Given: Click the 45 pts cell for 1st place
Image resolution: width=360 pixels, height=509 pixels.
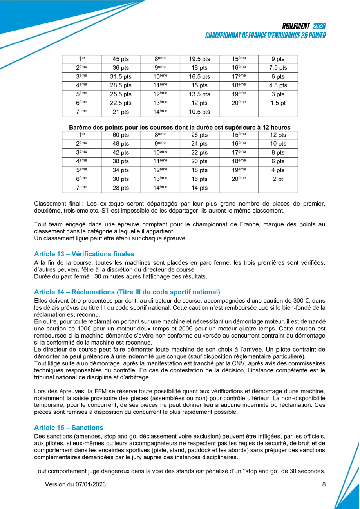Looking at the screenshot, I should pos(121,60).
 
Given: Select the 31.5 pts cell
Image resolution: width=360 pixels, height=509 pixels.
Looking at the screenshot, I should pos(121,77).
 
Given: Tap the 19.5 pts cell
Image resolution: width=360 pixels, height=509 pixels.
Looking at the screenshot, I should pos(199,60).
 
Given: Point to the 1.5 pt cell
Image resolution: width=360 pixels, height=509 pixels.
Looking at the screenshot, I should pos(278,103).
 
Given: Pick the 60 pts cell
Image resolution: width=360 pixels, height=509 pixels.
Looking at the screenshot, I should pos(121,135).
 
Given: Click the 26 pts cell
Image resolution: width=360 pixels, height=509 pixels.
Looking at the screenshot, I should pos(199,135).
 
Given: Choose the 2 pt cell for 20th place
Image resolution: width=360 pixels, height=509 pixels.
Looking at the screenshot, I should pos(278,179).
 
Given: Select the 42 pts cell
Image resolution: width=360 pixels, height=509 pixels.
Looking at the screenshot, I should pos(121,153).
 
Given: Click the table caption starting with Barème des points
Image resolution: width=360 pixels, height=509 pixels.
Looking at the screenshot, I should pos(180,127).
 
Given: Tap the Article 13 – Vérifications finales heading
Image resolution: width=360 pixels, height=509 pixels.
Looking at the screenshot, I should pos(84,254).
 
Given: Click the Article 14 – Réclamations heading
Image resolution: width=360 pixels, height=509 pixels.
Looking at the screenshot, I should pos(127,292).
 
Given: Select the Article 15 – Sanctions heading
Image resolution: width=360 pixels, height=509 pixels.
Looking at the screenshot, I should pos(69,428).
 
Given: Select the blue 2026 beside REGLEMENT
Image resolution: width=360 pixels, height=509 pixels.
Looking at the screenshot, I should pos(319,26).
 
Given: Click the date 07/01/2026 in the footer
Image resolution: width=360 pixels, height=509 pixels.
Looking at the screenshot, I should pos(90,484).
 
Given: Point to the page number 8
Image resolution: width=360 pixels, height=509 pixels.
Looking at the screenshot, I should pos(324,484).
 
